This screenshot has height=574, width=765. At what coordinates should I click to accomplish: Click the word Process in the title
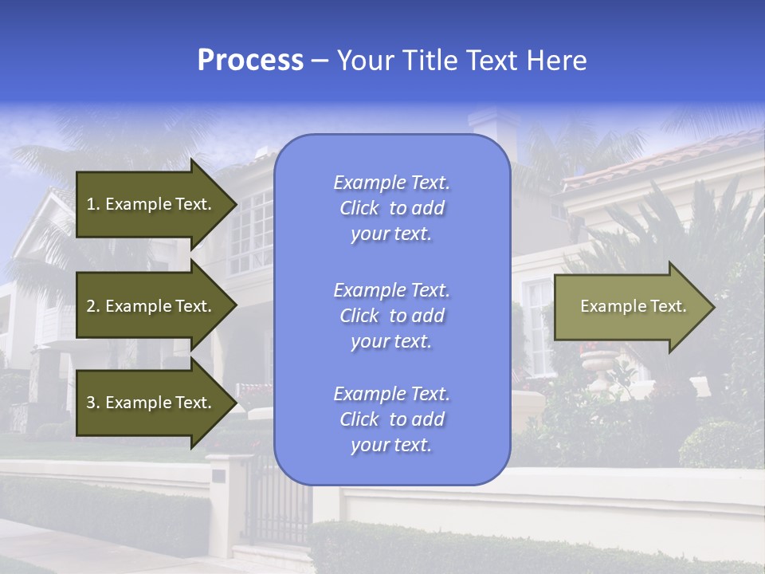[x=250, y=61]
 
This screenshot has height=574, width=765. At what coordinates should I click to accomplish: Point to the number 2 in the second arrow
[x=92, y=306]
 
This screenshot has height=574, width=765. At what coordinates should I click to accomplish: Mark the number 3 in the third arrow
[x=92, y=403]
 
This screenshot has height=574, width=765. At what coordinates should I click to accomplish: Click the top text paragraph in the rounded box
[x=391, y=208]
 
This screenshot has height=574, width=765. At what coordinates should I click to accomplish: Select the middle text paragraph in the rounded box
[x=391, y=316]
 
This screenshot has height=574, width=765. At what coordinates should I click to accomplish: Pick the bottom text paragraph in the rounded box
[x=391, y=419]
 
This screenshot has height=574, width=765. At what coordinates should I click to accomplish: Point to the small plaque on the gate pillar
[x=218, y=476]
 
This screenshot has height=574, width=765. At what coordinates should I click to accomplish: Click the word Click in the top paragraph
[x=359, y=208]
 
